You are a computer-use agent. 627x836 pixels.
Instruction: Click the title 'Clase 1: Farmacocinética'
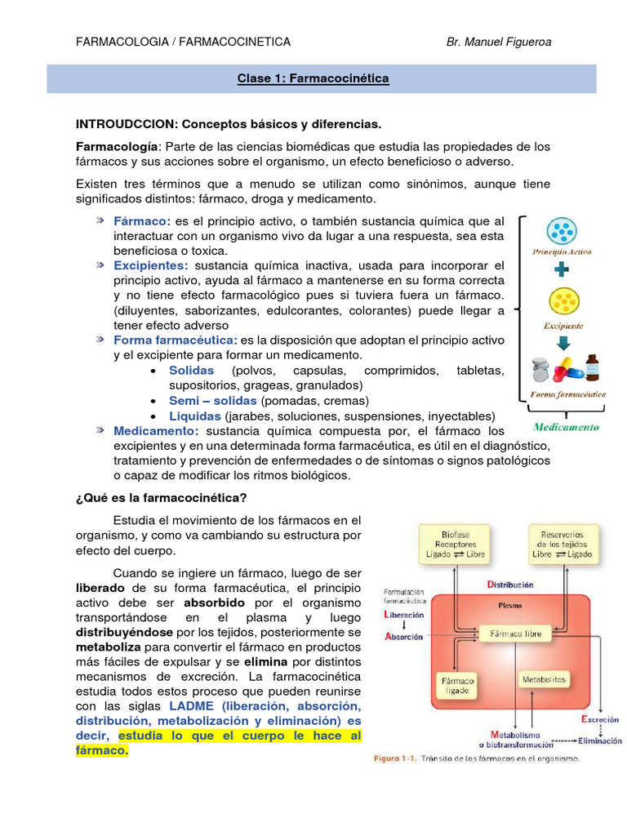click(313, 79)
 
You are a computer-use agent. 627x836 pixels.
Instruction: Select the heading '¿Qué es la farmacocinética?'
click(161, 497)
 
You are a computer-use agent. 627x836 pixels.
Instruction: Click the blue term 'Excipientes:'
click(151, 265)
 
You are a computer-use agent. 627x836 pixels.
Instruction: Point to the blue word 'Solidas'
click(191, 370)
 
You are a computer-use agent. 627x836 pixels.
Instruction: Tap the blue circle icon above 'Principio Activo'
click(563, 233)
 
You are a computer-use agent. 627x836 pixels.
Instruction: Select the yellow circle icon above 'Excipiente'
click(563, 302)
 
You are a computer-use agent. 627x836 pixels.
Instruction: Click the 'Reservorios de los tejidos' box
click(562, 544)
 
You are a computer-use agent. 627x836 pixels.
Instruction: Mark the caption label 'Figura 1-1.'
click(399, 759)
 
